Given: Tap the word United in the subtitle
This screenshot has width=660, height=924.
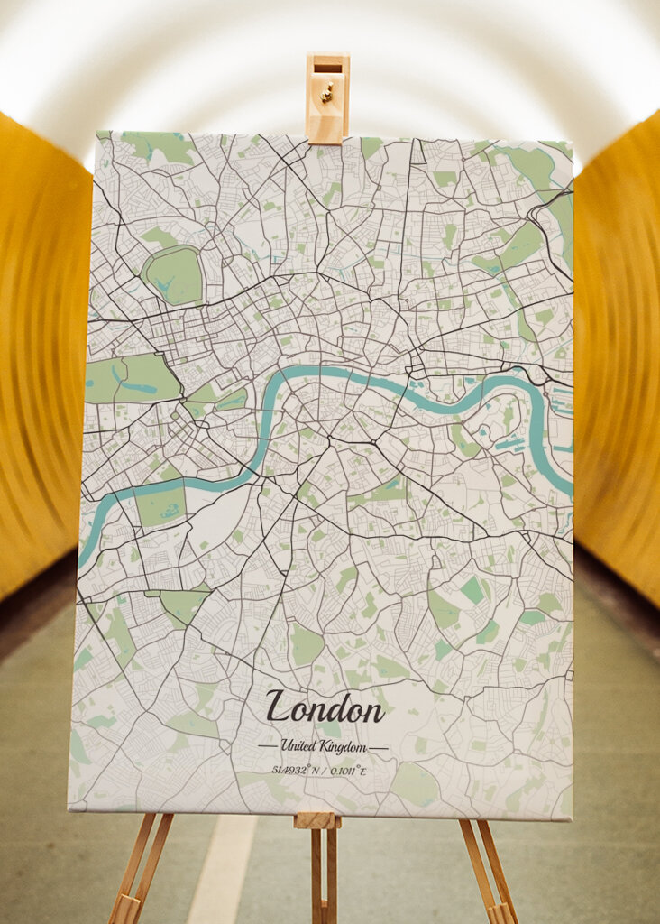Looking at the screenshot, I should pyautogui.click(x=298, y=746).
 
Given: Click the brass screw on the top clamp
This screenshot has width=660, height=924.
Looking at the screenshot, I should pyautogui.click(x=327, y=91).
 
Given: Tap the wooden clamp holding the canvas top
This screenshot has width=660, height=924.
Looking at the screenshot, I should pyautogui.click(x=326, y=99).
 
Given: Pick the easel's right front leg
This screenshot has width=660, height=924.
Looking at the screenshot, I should pyautogui.click(x=491, y=871).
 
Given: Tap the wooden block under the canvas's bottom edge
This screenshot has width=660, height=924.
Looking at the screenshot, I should pyautogui.click(x=316, y=820).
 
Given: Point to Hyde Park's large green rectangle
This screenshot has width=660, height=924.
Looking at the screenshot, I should pyautogui.click(x=131, y=379).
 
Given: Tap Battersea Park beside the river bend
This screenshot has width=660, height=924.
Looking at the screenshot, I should pyautogui.click(x=160, y=505).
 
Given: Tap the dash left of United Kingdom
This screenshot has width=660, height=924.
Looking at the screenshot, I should pyautogui.click(x=267, y=747).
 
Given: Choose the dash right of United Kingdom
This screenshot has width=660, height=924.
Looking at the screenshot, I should pyautogui.click(x=379, y=748).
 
